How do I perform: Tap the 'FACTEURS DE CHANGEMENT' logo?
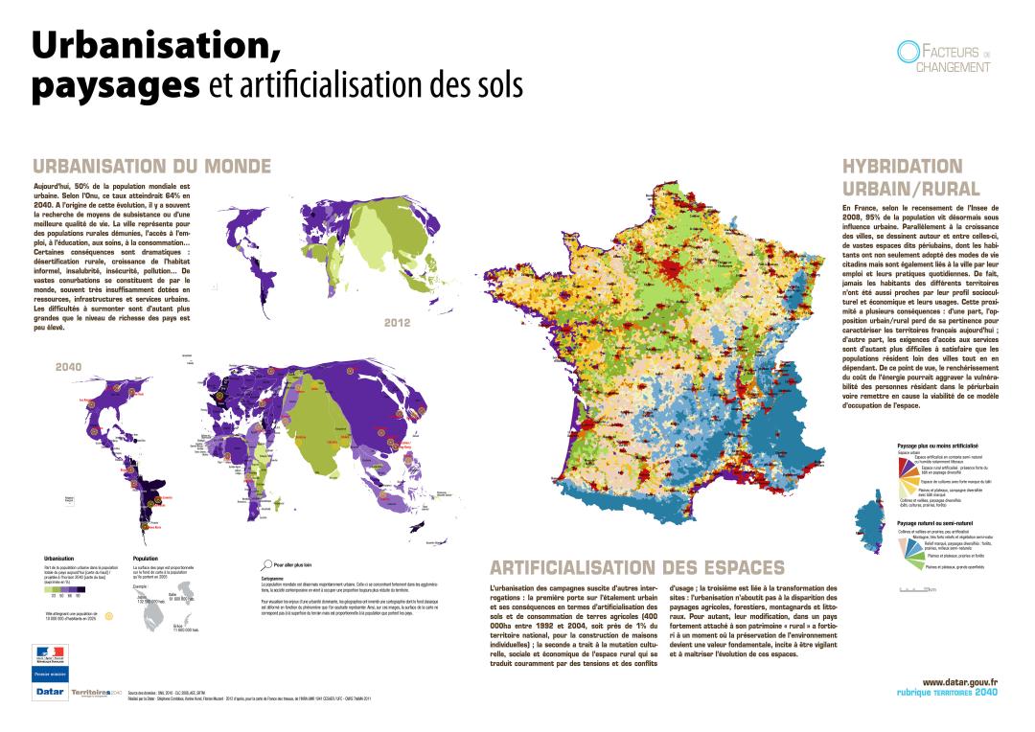point(943,57)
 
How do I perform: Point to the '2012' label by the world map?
point(397,322)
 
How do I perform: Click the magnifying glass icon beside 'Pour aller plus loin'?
point(266,564)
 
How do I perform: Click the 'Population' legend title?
point(146,557)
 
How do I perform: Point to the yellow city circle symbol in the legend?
point(108,616)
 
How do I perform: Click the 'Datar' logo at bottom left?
point(49,691)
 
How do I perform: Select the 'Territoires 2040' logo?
point(97,692)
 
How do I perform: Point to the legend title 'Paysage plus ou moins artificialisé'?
point(936,446)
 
